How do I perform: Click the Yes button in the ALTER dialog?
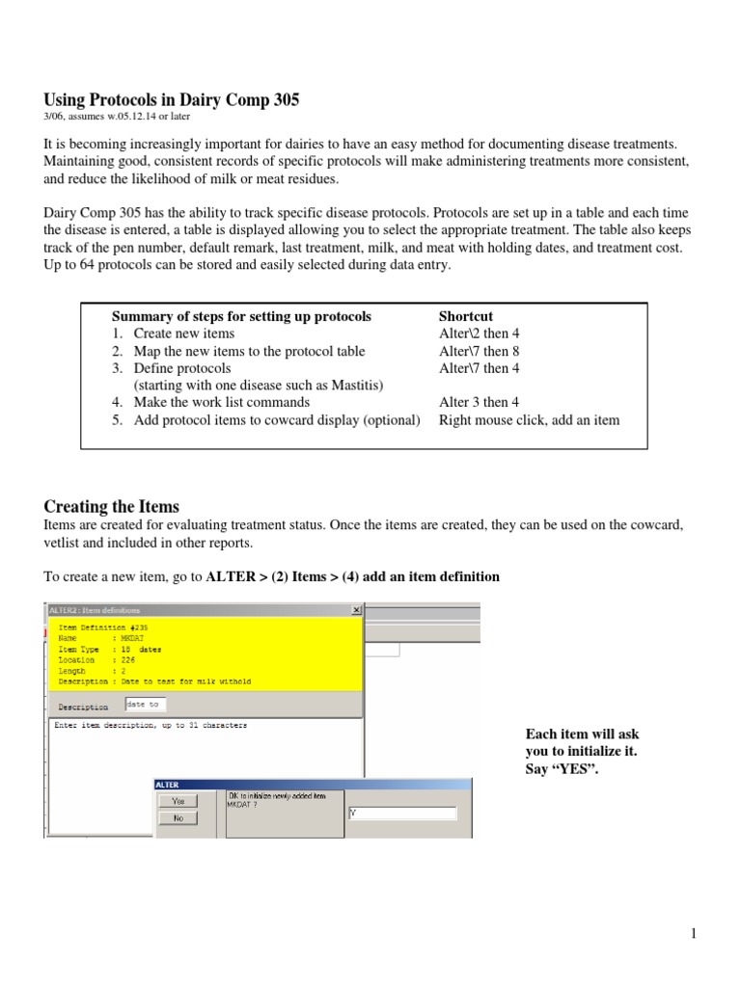pos(178,801)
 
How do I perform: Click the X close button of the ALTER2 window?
pos(356,610)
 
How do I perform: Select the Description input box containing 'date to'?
pos(146,705)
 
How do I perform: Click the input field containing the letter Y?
pos(401,813)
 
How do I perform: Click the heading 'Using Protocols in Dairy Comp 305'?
pos(172,99)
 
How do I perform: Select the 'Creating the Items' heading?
pos(112,506)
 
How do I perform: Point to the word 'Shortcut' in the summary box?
pos(466,316)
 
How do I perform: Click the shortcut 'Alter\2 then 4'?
pos(480,333)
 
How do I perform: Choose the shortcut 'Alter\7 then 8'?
pos(480,351)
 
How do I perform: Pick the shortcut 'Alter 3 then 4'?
pos(480,403)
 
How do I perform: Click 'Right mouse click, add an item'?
pos(529,420)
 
